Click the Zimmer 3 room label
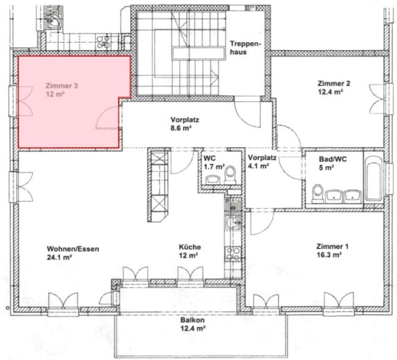(x=61, y=85)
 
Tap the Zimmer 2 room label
(x=334, y=83)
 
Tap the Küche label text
(x=190, y=247)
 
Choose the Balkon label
(x=193, y=320)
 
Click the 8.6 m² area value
(x=181, y=128)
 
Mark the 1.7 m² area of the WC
(x=214, y=167)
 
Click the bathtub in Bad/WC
(x=374, y=180)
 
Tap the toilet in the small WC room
(x=230, y=175)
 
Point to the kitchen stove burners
(x=232, y=253)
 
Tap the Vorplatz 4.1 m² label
(x=262, y=163)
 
